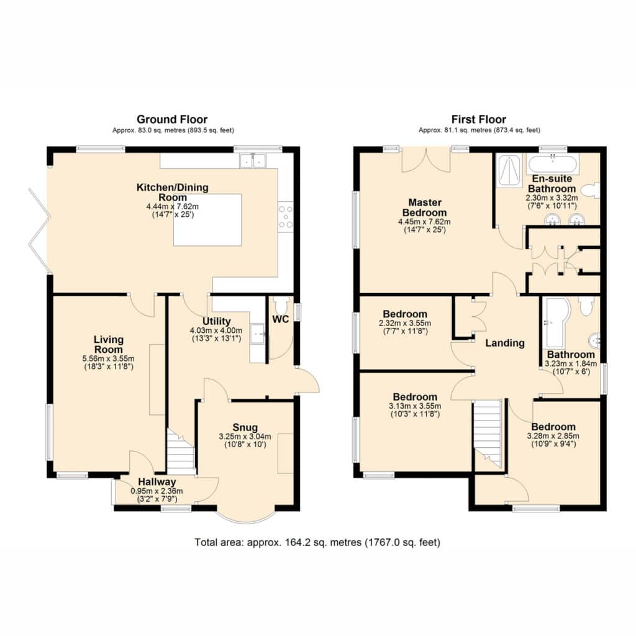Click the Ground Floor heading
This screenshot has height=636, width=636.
point(172,119)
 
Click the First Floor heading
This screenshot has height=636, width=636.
point(479,119)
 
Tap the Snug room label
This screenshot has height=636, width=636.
point(245,427)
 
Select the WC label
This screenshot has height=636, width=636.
point(280,319)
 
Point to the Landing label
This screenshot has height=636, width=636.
point(505,343)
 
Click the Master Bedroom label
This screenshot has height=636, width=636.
point(425,207)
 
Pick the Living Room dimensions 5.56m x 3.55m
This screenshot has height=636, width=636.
point(108,358)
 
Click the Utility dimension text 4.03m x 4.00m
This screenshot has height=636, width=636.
point(216,330)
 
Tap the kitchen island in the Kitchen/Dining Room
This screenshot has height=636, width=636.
point(207,220)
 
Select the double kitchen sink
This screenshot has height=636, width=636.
point(252,161)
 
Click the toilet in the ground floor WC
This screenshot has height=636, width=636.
point(280,304)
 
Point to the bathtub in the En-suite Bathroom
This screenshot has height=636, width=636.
point(552,163)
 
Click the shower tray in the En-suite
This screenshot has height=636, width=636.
point(509,170)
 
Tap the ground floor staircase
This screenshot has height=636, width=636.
point(181,452)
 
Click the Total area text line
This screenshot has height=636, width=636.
point(317,542)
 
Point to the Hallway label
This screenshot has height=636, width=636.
point(157,482)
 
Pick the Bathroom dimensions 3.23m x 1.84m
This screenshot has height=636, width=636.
point(571,364)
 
